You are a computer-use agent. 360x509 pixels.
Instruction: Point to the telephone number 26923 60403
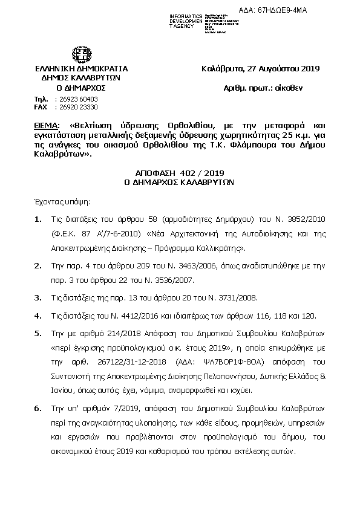[x=76, y=99]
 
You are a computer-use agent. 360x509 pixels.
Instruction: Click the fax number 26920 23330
[x=76, y=106]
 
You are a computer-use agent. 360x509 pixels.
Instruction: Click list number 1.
[x=38, y=219]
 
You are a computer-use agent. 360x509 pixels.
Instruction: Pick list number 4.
[x=38, y=316]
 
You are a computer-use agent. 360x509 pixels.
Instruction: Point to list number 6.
[x=38, y=409]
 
